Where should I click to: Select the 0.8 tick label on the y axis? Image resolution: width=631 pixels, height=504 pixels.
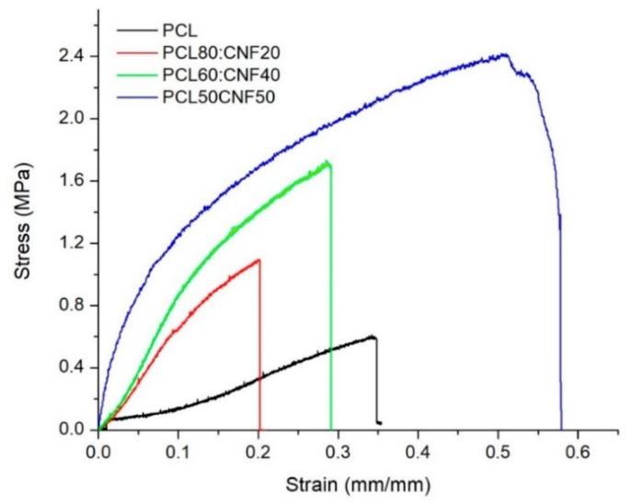point(72,305)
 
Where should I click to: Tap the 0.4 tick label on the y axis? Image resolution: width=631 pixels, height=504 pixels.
point(72,368)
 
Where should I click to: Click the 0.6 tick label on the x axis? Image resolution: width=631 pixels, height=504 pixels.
point(577,452)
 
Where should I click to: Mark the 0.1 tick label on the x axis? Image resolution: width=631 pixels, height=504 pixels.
point(178,452)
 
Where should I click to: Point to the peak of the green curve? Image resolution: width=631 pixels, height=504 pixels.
point(327,163)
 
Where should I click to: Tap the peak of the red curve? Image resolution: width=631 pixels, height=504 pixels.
point(258,260)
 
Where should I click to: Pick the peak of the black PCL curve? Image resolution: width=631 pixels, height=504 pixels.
point(373,337)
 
